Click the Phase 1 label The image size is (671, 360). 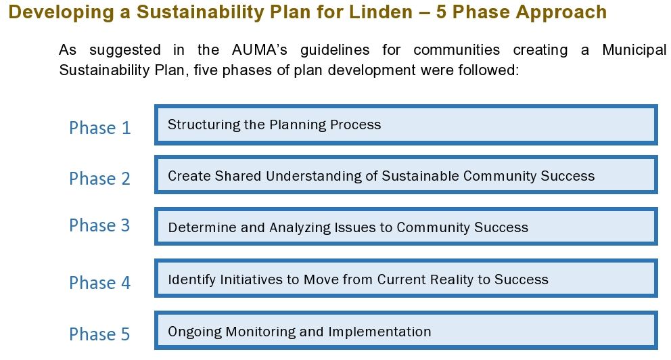pyautogui.click(x=99, y=128)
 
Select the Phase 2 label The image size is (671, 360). pyautogui.click(x=99, y=179)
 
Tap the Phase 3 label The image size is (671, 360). pyautogui.click(x=99, y=225)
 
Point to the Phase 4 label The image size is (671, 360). pyautogui.click(x=99, y=283)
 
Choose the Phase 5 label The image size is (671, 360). pyautogui.click(x=99, y=334)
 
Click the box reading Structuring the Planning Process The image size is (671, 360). pyautogui.click(x=406, y=125)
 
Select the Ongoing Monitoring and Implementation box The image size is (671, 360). pyautogui.click(x=406, y=330)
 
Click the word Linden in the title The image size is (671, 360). pyautogui.click(x=381, y=12)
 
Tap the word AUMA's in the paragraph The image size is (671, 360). pyautogui.click(x=259, y=50)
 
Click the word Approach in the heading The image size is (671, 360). pyautogui.click(x=561, y=13)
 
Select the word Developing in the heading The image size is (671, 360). pyautogui.click(x=61, y=13)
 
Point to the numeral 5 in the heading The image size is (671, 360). pyautogui.click(x=442, y=12)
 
